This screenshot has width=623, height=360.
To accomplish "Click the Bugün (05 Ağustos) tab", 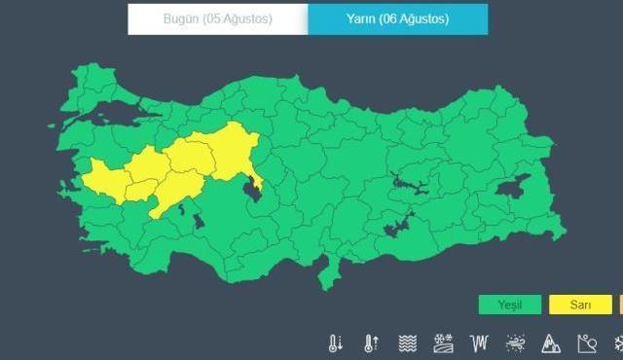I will coord(217,19).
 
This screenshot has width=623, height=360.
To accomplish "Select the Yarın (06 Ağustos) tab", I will coord(397,19).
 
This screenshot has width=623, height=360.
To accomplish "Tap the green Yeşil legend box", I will coord(509,305).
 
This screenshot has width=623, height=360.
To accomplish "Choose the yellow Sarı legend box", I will coord(580,305).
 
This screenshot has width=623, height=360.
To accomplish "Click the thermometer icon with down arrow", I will coord(336,343).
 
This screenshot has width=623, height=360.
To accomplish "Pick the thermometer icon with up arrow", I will coord(371,343).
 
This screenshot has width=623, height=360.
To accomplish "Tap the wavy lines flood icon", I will coord(407,343).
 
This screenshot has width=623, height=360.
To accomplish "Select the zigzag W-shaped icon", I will coord(478,343).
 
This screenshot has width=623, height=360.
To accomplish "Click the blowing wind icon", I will coord(514,343).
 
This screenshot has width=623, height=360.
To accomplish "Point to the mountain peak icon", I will coord(550,343).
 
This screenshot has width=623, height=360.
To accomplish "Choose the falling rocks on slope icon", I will coord(586,343).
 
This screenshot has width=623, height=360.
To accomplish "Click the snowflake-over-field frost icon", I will coord(443,343).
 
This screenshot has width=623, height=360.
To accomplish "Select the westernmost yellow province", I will coord(100,178).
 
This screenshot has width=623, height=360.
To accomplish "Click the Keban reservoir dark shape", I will coord(402,182).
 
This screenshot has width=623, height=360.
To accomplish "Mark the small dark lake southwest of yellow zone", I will coord(199,221).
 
